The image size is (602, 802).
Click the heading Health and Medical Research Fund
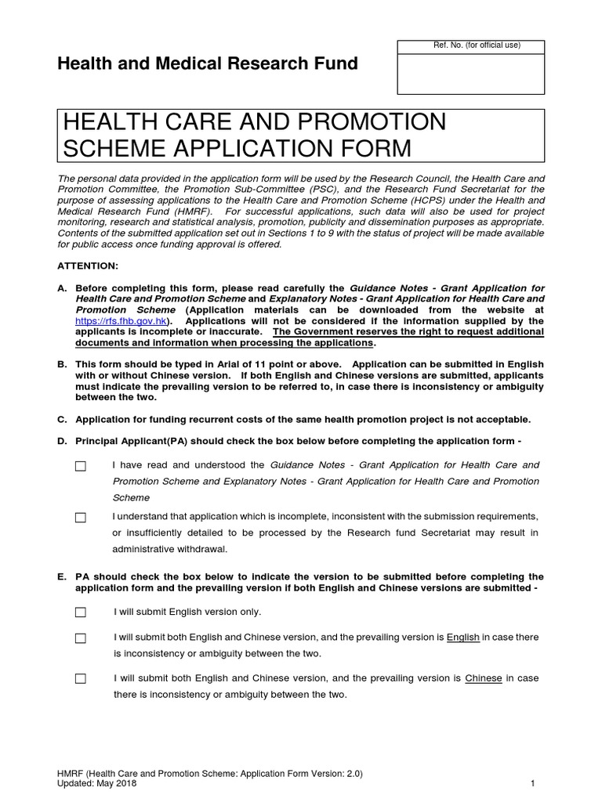click(208, 64)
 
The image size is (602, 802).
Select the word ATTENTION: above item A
click(88, 266)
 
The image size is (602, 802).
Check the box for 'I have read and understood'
click(80, 467)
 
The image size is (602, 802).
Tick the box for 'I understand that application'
click(80, 518)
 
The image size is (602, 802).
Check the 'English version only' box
click(80, 612)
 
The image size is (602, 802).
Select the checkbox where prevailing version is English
click(80, 638)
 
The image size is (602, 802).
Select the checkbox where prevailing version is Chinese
click(80, 679)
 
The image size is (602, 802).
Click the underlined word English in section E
click(462, 638)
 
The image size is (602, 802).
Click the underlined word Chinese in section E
click(483, 678)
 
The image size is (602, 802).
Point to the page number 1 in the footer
click(532, 783)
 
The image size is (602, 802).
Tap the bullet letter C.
click(62, 419)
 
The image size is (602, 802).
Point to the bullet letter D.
click(62, 441)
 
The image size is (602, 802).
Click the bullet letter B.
click(62, 365)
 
